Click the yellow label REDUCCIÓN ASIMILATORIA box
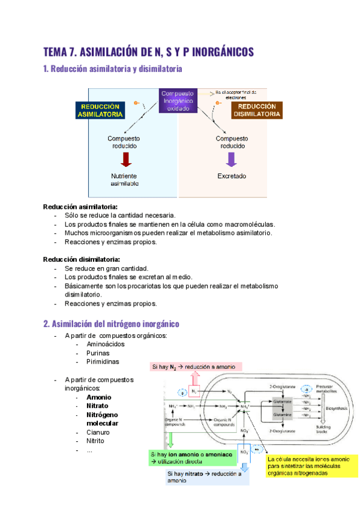click(100, 110)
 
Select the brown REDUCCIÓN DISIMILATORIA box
click(257, 110)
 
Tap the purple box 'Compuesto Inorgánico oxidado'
click(178, 101)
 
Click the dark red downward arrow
click(125, 160)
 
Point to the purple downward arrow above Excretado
click(231, 160)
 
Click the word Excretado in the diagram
click(232, 176)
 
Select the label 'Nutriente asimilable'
click(124, 180)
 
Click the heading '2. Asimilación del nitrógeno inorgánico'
click(112, 324)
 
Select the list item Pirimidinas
click(103, 362)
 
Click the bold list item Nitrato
click(98, 406)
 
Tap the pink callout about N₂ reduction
click(196, 367)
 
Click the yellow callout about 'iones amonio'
click(312, 466)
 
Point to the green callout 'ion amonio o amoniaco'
click(192, 459)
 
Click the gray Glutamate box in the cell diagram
click(283, 402)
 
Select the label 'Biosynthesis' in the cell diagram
click(335, 408)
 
